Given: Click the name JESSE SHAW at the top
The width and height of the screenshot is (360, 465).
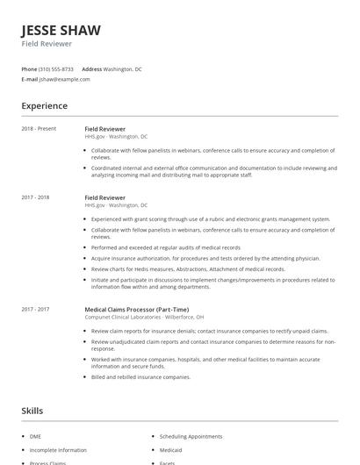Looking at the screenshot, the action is pos(59,28).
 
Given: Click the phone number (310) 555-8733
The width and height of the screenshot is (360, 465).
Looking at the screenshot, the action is pos(56,68).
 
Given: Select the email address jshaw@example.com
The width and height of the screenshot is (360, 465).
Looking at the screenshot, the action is pos(65,79).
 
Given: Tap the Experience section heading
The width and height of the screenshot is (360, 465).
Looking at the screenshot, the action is pos(44,106).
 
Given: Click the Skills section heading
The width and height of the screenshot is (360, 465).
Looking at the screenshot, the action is pos(32,411).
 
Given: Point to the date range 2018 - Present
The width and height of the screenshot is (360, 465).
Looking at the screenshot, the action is pos(39,129).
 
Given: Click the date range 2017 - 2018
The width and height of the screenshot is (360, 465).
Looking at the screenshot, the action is pos(35,197).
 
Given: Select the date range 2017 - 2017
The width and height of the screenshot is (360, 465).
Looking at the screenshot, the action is pos(35,309).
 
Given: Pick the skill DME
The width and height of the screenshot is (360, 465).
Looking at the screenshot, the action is pos(35,436).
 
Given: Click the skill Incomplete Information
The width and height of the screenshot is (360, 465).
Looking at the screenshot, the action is pos(58,449).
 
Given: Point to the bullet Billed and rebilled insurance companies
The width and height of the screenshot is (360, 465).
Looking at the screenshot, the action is pos(140,376).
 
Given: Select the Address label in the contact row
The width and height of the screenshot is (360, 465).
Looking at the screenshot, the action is pos(91,68).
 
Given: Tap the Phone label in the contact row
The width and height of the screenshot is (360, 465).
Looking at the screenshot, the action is pos(29,68).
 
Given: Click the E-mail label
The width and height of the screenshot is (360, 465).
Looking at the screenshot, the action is pos(30,79).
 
